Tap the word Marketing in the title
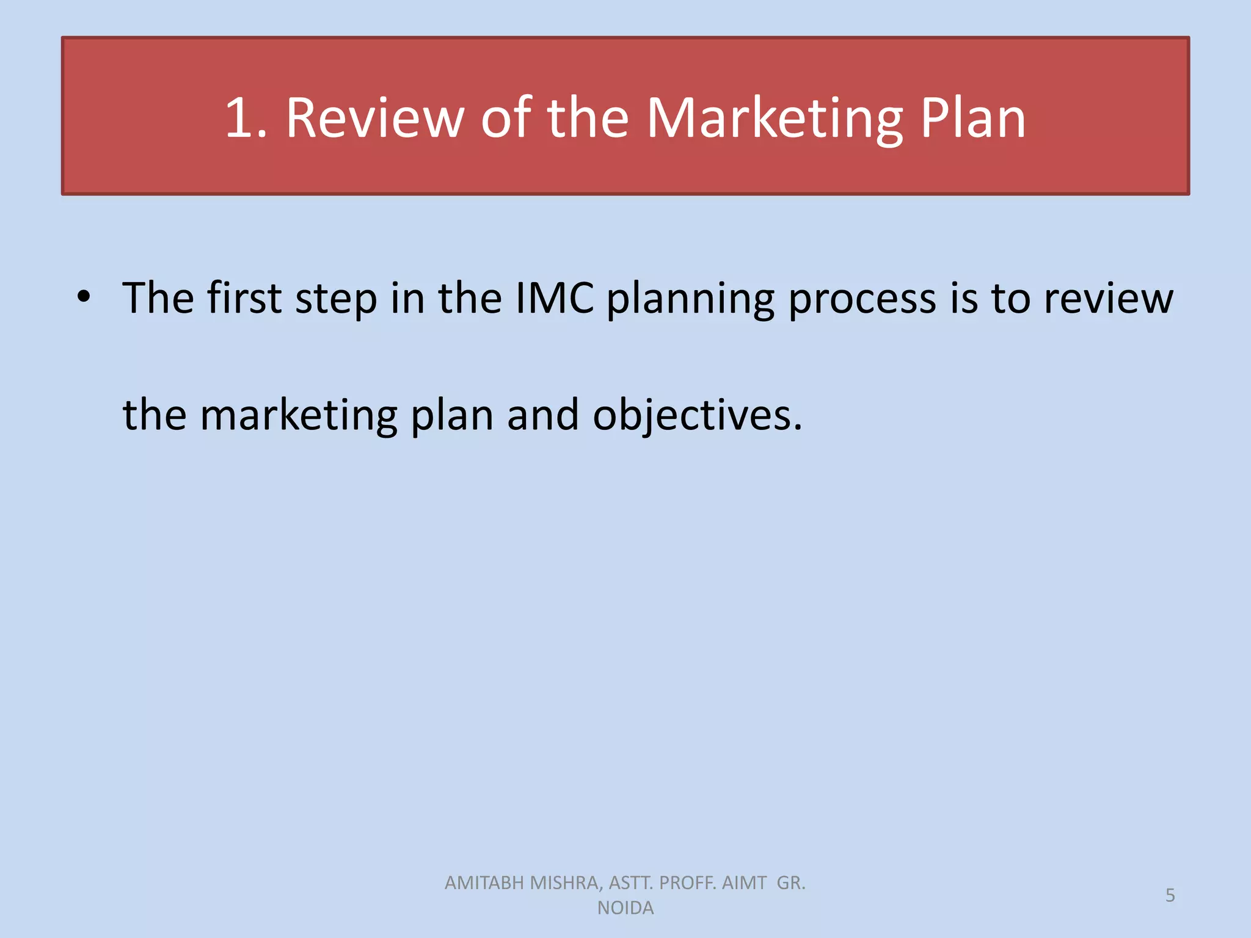pyautogui.click(x=775, y=118)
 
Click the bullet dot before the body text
pyautogui.click(x=84, y=298)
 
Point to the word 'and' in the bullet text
pyautogui.click(x=542, y=415)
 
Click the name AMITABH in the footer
pyautogui.click(x=484, y=883)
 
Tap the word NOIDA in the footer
pyautogui.click(x=625, y=908)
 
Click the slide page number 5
pyautogui.click(x=1170, y=895)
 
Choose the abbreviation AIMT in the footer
pyautogui.click(x=744, y=883)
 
